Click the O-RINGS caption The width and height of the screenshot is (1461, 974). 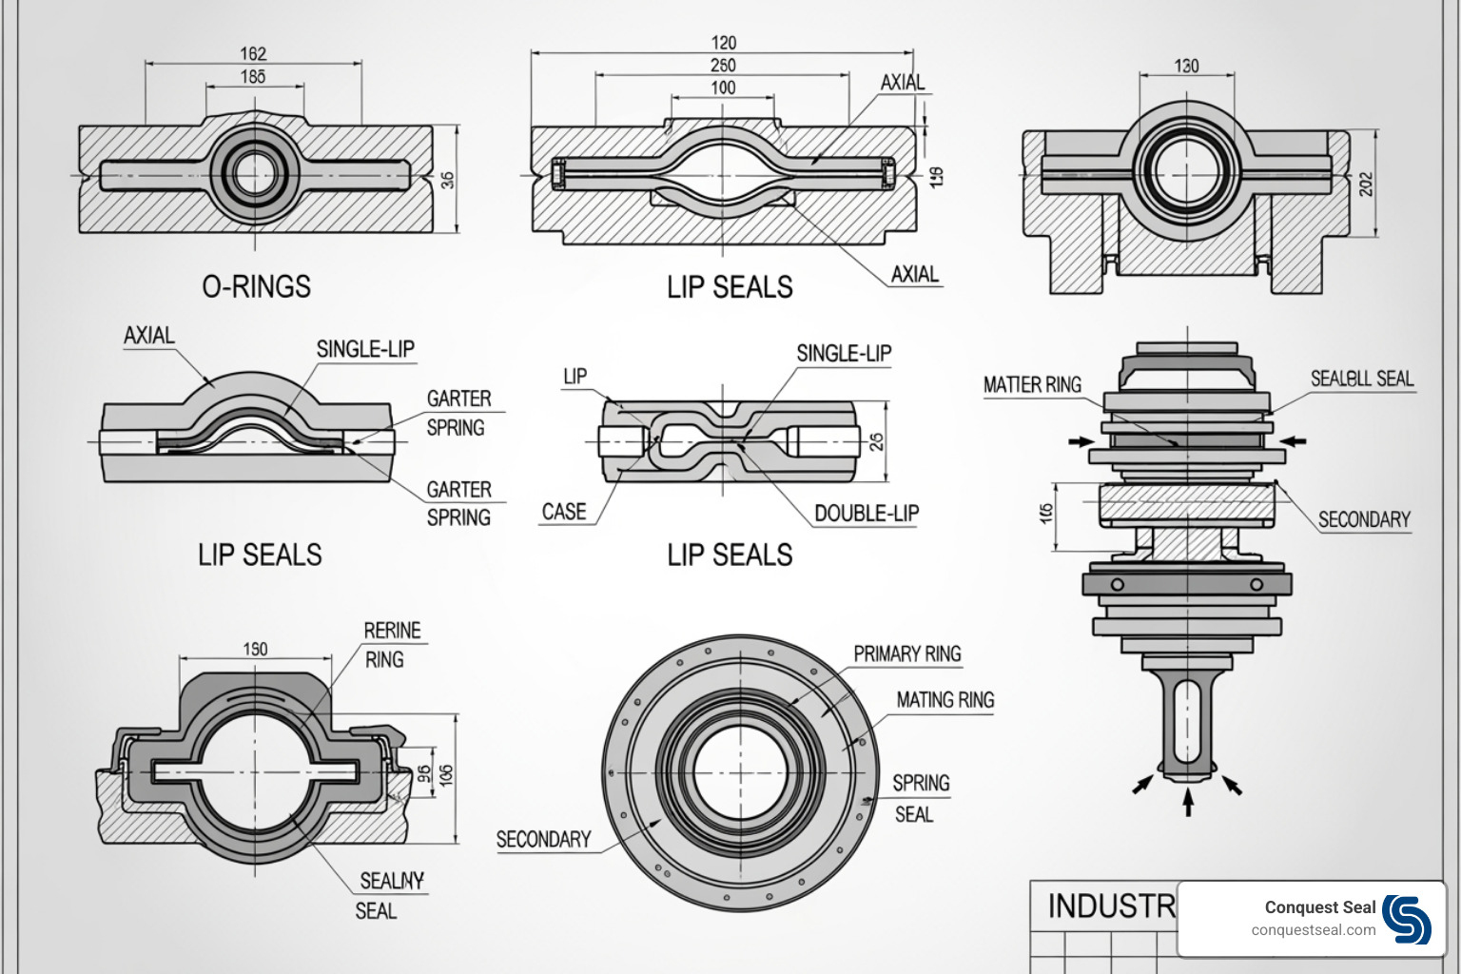256,287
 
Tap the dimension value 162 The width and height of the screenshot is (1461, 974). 253,54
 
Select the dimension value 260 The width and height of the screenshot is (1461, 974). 723,66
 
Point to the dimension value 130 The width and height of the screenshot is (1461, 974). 1186,67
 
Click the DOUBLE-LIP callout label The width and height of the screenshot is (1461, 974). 867,514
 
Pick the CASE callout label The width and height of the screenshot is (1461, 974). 564,512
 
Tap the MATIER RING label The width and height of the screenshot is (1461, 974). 1032,385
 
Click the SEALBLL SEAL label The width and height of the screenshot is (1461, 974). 1362,379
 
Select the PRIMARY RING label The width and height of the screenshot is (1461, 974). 906,654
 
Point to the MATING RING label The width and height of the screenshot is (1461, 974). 945,700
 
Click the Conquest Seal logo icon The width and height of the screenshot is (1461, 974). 1407,919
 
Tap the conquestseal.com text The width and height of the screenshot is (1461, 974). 1313,930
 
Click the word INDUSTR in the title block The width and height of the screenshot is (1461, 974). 1111,906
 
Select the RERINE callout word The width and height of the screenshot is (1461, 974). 392,631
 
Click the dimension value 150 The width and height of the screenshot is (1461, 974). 255,650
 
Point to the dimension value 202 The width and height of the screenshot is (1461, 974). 1367,184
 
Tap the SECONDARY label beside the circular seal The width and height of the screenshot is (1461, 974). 543,840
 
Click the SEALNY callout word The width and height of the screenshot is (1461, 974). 392,881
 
